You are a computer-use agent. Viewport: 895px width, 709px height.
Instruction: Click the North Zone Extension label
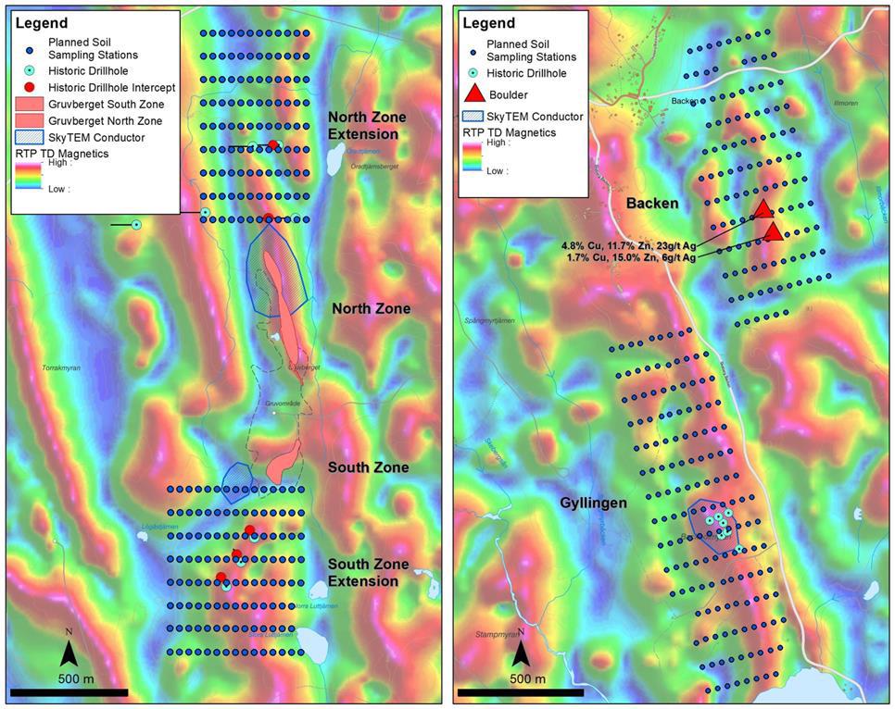(363, 126)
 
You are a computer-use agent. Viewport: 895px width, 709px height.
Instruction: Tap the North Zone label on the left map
(371, 309)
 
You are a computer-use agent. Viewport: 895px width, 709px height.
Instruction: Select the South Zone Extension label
(368, 572)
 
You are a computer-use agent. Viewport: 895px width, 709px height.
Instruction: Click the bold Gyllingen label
(594, 503)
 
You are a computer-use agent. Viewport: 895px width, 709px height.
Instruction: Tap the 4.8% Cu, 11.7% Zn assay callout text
(627, 245)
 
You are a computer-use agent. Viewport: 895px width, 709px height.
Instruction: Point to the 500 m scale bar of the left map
(69, 691)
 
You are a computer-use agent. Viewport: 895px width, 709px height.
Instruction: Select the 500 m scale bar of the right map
(522, 691)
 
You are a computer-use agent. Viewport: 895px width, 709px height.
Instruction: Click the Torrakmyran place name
(61, 368)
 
